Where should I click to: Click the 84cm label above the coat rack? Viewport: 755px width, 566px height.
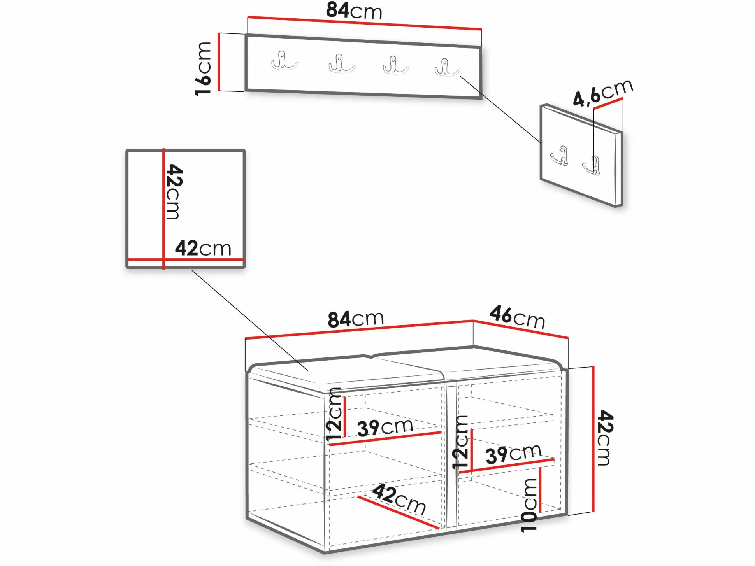[x=354, y=11]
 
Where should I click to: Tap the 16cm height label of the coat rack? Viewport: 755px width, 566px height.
[x=203, y=68]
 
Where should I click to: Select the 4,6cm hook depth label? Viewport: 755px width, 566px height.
[x=603, y=93]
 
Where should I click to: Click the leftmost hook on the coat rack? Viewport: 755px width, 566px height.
[x=284, y=61]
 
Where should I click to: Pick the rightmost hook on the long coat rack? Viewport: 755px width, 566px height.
[x=448, y=67]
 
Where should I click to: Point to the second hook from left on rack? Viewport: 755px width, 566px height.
[x=342, y=63]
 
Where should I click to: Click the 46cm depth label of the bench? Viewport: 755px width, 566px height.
[x=517, y=317]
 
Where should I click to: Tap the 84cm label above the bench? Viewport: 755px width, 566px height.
[x=356, y=319]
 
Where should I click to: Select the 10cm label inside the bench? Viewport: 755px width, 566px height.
[x=529, y=505]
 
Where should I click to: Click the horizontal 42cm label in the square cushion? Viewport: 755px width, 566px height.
[x=203, y=248]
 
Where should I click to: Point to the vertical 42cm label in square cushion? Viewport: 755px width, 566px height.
[x=174, y=192]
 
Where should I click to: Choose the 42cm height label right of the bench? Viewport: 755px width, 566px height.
[x=605, y=438]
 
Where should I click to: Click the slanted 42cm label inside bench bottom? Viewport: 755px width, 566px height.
[x=399, y=499]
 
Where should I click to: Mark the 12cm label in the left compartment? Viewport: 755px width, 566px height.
[x=334, y=414]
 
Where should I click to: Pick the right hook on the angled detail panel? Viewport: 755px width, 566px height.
[x=592, y=165]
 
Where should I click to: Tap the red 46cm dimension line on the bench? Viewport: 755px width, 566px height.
[x=521, y=329]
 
